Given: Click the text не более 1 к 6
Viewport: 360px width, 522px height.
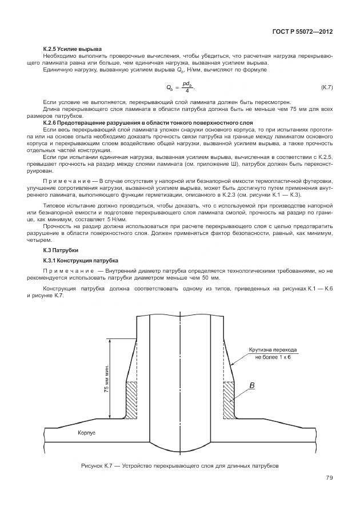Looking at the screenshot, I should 270,356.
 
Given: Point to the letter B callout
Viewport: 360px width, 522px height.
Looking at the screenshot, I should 251,386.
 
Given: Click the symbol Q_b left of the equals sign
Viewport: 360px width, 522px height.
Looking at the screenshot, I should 169,87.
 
